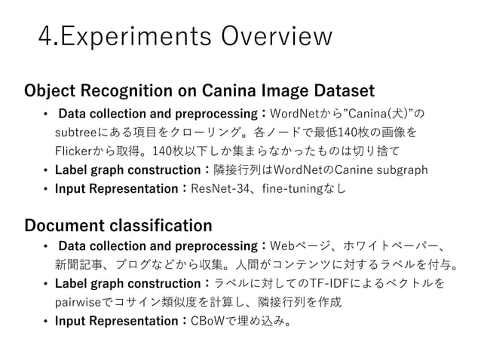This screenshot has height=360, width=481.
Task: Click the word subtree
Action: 76,133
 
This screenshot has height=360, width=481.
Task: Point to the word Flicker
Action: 75,151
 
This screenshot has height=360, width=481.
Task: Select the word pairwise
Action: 82,304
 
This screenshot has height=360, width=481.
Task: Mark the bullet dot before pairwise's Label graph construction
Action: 46,285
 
